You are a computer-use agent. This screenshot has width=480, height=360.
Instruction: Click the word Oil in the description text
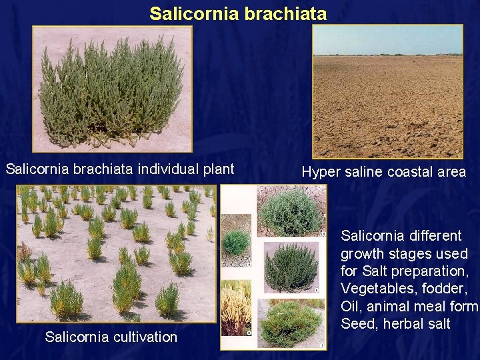(x=351, y=306)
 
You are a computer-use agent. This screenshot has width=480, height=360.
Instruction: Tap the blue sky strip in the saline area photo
(x=388, y=41)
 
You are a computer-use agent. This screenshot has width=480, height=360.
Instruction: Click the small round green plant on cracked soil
(x=236, y=241)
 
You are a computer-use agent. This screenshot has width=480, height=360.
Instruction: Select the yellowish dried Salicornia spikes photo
(x=236, y=307)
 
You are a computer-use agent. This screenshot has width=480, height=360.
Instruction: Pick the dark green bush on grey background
(x=291, y=267)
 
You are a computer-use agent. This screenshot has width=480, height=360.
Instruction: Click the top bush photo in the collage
(x=291, y=211)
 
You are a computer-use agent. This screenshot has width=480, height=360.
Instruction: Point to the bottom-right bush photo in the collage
(x=291, y=323)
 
